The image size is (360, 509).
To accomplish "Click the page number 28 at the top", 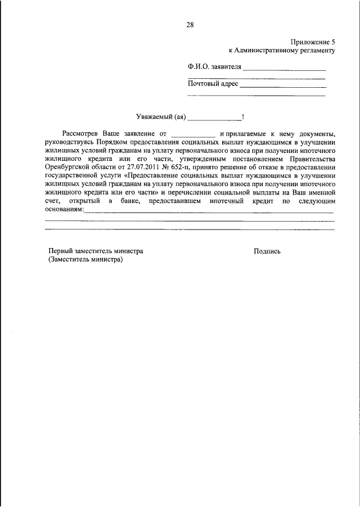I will (190, 24).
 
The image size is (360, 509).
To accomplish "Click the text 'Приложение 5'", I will (313, 42).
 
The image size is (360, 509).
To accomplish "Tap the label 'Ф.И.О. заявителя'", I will (214, 67).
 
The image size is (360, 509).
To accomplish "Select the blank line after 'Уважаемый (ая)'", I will (214, 120).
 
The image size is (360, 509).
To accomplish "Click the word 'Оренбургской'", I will (67, 167).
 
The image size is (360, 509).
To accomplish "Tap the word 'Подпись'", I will (267, 251).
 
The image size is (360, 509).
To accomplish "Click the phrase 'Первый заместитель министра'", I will (96, 251).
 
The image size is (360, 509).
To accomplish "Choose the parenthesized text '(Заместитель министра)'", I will (85, 260).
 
